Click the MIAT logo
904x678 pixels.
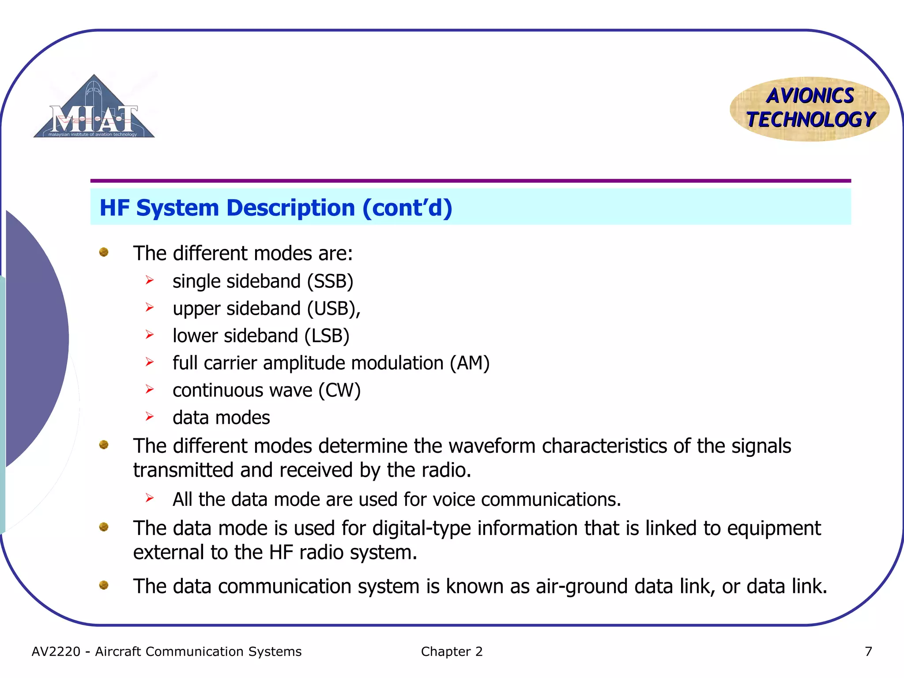(94, 108)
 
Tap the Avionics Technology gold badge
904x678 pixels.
(810, 109)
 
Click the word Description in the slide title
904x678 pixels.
(291, 208)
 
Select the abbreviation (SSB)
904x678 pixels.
(330, 282)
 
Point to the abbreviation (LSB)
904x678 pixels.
(327, 336)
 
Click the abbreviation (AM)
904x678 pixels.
(470, 363)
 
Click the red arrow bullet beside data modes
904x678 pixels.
(150, 416)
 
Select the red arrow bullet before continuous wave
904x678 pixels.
(150, 389)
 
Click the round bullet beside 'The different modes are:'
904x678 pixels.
(104, 252)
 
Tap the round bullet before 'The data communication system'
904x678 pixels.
(104, 585)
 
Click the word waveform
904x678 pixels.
(492, 446)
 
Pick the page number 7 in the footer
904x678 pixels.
(868, 652)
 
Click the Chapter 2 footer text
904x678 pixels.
(452, 652)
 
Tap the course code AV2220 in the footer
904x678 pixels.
(56, 652)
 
